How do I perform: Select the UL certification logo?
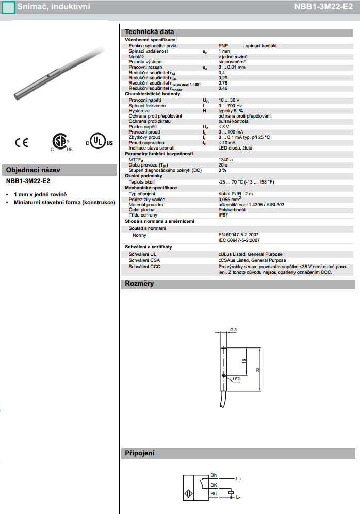pyautogui.click(x=95, y=142)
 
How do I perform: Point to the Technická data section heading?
pyautogui.click(x=150, y=31)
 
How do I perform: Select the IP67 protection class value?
pyautogui.click(x=223, y=215)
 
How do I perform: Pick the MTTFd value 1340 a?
pyautogui.click(x=225, y=160)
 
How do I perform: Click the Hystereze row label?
pyautogui.click(x=139, y=111)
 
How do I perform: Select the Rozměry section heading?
pyautogui.click(x=139, y=284)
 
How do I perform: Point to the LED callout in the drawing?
pyautogui.click(x=237, y=379)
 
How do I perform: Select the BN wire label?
pyautogui.click(x=214, y=475)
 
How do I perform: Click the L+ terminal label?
pyautogui.click(x=239, y=479)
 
